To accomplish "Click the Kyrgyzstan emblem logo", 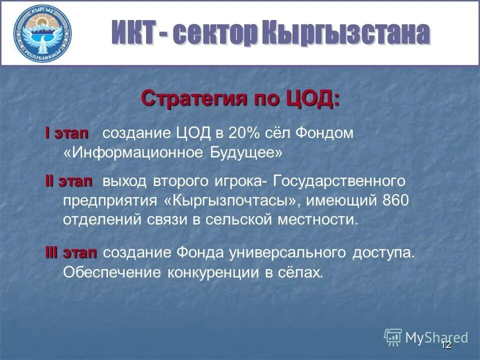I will [42, 33].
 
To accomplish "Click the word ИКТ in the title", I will [132, 33].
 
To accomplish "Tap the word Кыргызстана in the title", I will [345, 33].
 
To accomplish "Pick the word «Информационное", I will [132, 152].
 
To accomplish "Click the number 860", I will [395, 200].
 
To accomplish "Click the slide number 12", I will [446, 345].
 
